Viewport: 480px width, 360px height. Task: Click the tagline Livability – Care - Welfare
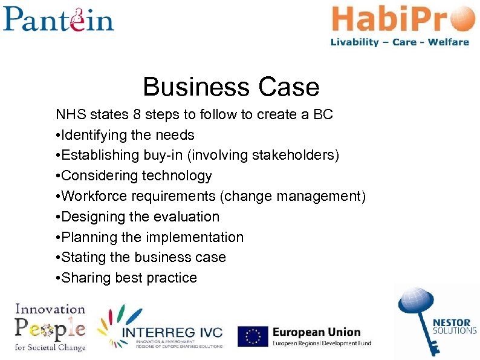(400, 42)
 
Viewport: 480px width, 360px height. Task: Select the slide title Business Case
(231, 87)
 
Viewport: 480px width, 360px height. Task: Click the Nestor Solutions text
(455, 326)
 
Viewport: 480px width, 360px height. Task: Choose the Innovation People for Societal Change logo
(50, 327)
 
